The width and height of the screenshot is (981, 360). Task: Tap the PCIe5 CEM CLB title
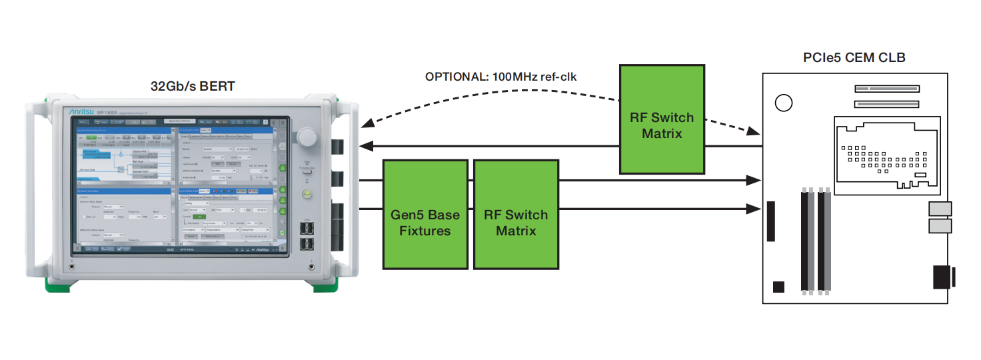pos(854,58)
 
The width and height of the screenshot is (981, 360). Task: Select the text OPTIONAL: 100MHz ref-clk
pos(500,77)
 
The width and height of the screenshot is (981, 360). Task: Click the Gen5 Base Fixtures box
pos(425,223)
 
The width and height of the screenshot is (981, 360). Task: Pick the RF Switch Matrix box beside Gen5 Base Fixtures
pos(515,223)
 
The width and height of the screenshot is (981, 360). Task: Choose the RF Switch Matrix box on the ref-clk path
pos(661,125)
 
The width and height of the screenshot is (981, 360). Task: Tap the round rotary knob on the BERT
pos(307,137)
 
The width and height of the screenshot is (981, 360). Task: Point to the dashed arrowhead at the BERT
pos(365,125)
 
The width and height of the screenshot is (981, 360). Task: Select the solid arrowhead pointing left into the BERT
pos(365,146)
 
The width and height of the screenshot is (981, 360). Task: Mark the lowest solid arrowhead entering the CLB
pos(754,210)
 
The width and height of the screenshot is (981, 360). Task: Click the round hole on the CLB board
pos(784,103)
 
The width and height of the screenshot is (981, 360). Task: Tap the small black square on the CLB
pos(778,287)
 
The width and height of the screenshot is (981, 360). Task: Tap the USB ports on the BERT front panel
pos(307,237)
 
